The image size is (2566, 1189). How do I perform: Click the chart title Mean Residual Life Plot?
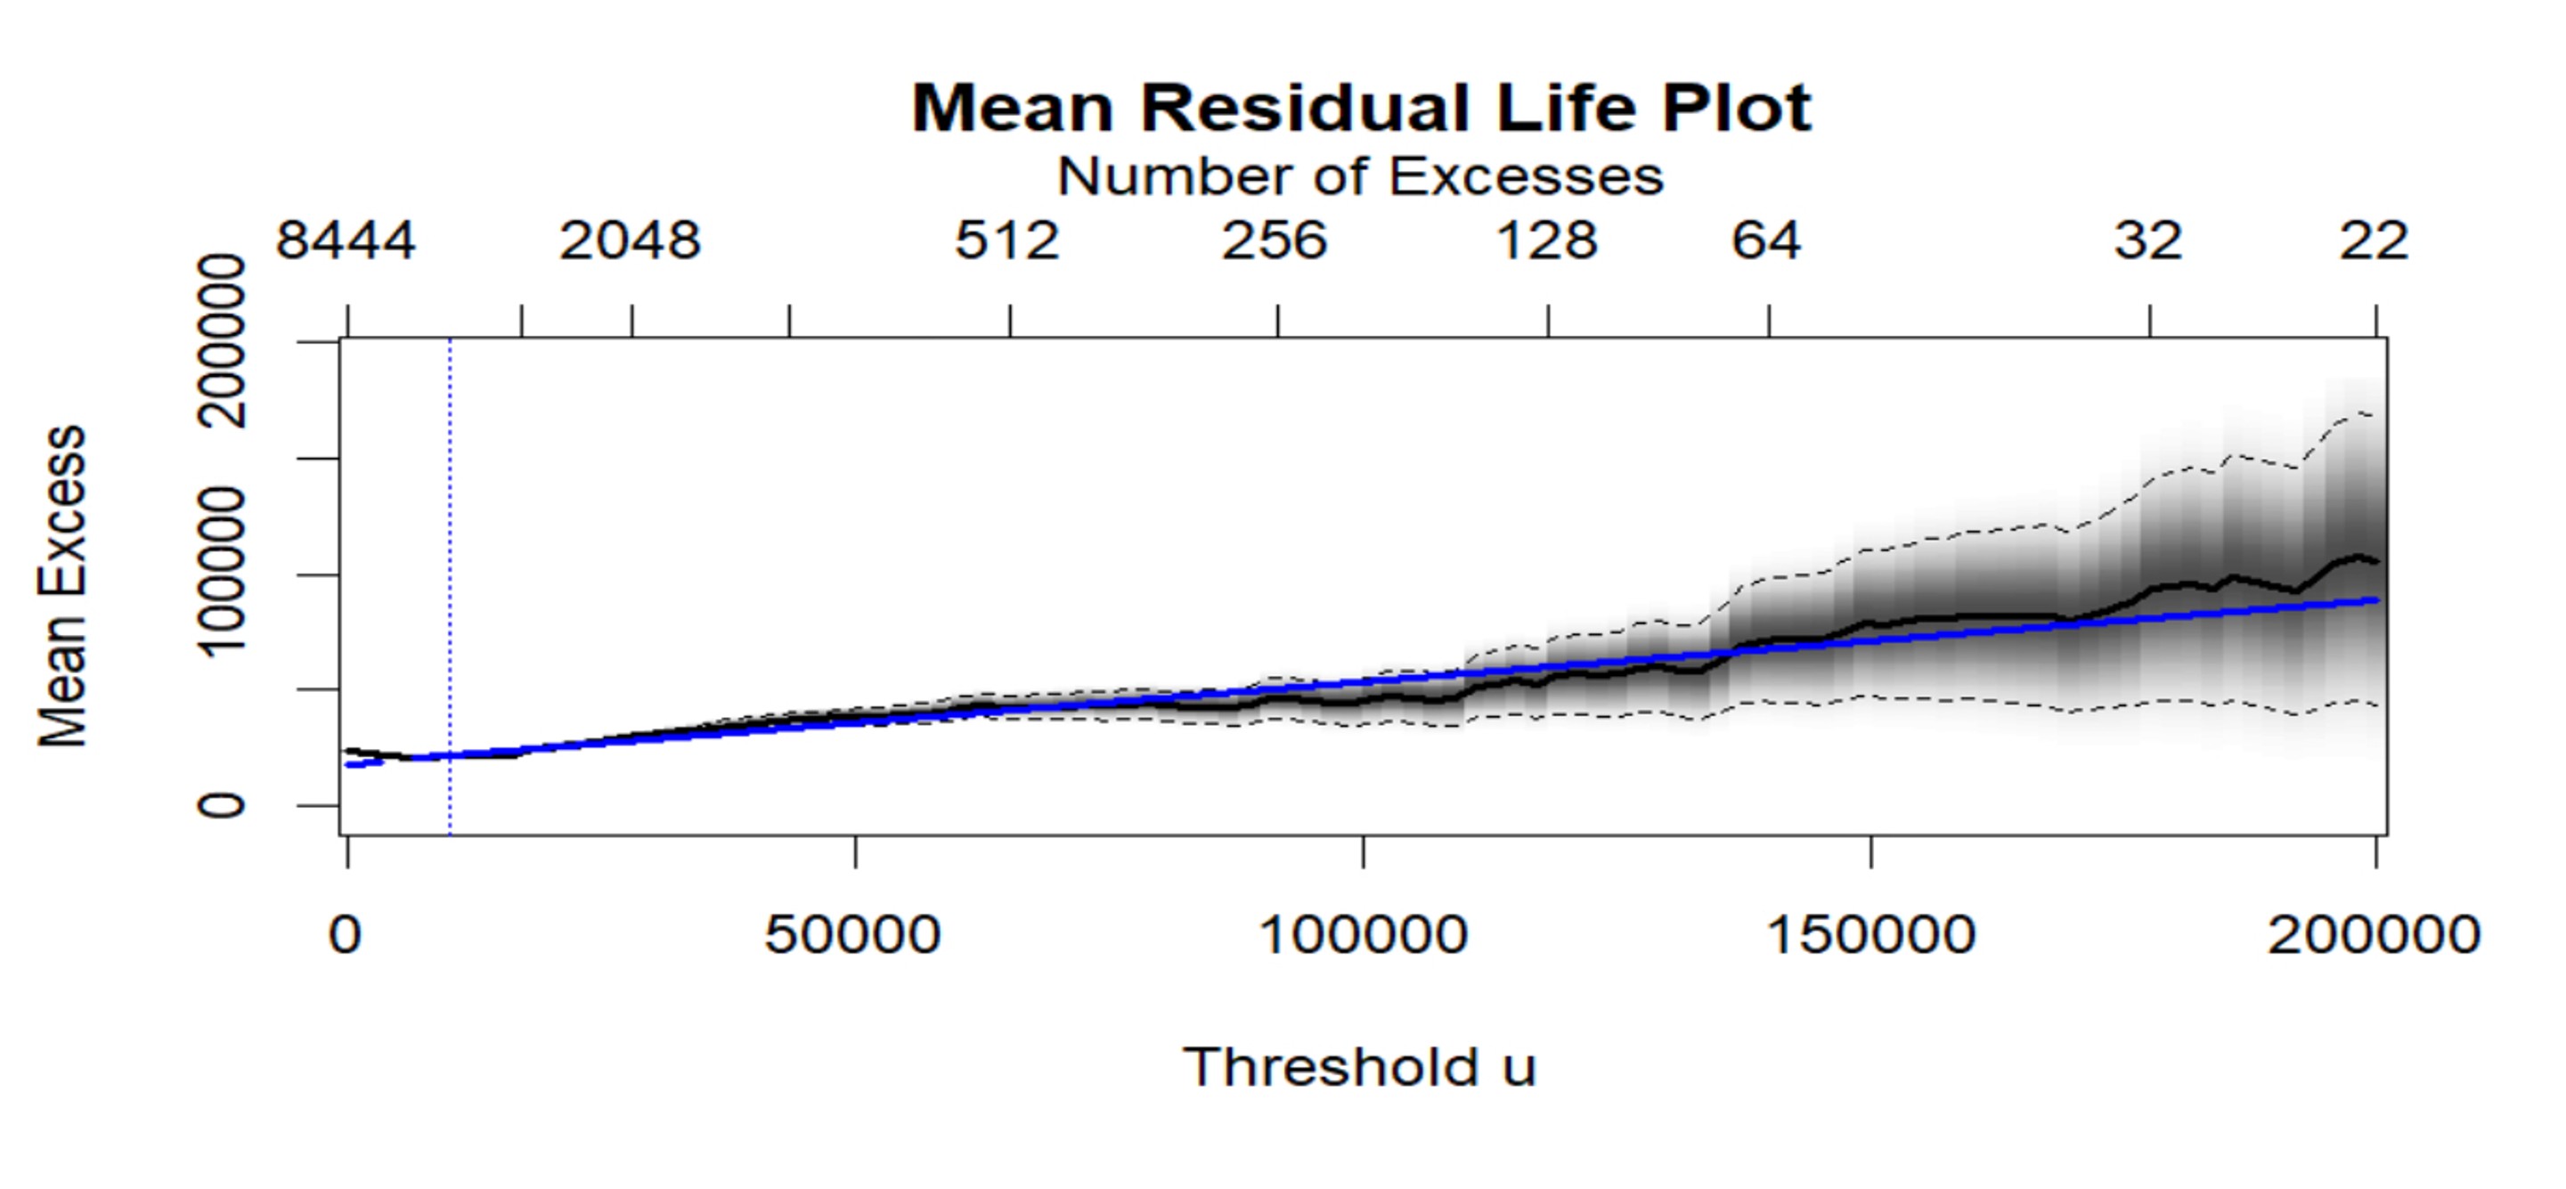1361,108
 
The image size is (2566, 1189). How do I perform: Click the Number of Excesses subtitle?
1361,177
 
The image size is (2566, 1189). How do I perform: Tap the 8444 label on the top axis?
346,241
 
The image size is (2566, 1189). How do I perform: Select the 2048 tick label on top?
630,241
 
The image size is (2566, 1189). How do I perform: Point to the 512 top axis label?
1007,241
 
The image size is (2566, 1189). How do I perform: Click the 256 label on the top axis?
1275,241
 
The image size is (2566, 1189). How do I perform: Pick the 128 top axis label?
1547,241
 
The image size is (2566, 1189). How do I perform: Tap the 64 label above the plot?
1766,241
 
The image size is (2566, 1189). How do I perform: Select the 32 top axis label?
2147,241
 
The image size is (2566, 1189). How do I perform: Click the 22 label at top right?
2374,241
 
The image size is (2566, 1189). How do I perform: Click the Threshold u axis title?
1361,1068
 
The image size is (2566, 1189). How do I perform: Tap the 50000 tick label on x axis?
852,935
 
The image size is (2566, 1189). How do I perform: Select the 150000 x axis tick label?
1870,935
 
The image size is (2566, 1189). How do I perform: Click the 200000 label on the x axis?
2374,935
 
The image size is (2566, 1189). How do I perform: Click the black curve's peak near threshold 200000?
2357,557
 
